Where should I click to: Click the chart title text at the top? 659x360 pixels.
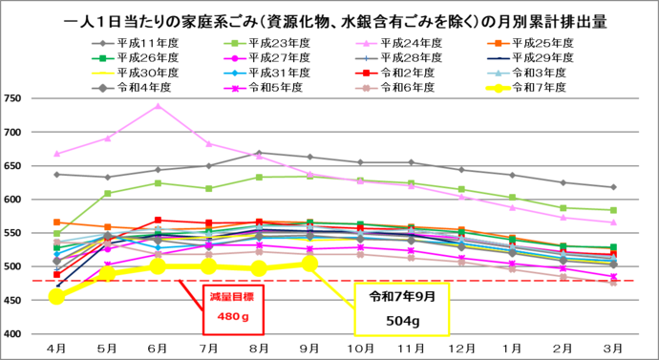(329, 16)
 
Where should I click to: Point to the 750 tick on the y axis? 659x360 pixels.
(14, 99)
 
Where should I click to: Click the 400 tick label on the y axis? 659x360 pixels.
(14, 333)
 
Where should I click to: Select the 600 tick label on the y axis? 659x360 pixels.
(14, 200)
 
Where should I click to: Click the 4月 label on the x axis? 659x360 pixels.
(56, 348)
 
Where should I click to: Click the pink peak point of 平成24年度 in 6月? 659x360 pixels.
(159, 106)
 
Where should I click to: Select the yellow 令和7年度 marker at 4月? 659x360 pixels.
(57, 297)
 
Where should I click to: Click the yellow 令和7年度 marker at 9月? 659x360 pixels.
(309, 263)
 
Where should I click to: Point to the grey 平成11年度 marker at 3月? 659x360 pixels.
(613, 187)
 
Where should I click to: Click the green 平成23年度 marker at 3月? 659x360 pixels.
(613, 210)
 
